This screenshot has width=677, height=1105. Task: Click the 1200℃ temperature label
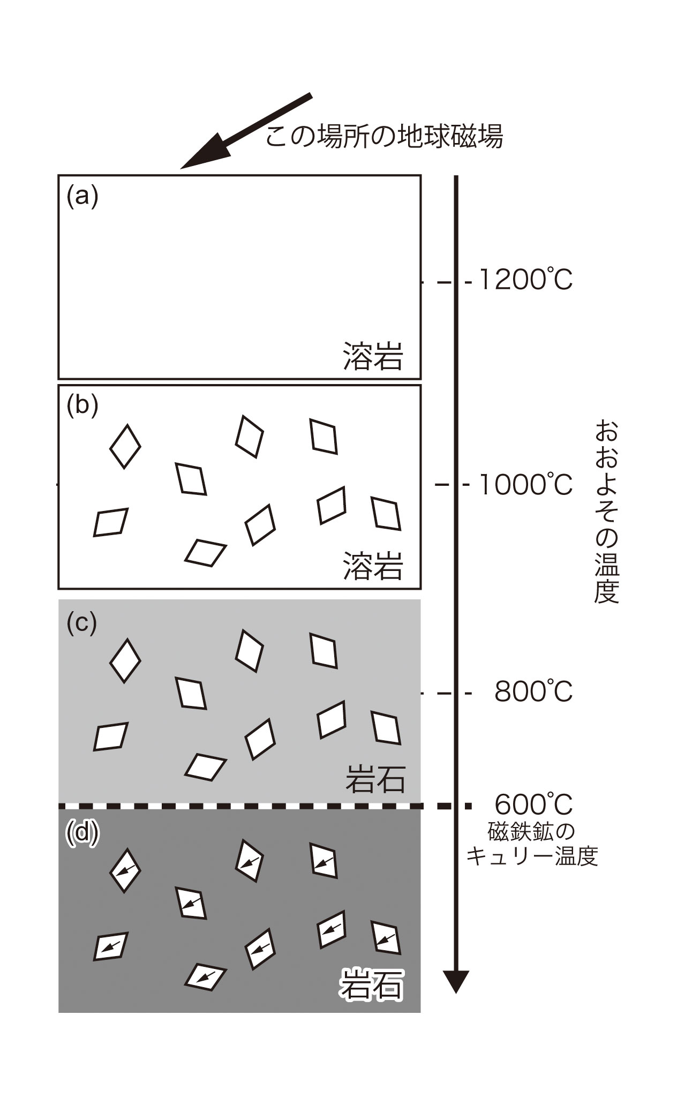pyautogui.click(x=525, y=280)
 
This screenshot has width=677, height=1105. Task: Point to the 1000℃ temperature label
pyautogui.click(x=525, y=485)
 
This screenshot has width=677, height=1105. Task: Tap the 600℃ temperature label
pyautogui.click(x=533, y=805)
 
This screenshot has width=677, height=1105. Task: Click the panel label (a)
pyautogui.click(x=82, y=197)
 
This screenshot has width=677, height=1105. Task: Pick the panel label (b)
pyautogui.click(x=82, y=405)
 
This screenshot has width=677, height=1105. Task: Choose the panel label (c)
pyautogui.click(x=81, y=622)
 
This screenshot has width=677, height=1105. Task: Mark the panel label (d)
pyautogui.click(x=82, y=833)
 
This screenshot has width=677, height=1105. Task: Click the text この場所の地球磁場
pyautogui.click(x=384, y=137)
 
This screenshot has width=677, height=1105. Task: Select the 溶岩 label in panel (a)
pyautogui.click(x=373, y=356)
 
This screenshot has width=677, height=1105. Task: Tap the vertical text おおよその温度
pyautogui.click(x=607, y=512)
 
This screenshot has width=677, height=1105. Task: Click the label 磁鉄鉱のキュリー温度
pyautogui.click(x=532, y=845)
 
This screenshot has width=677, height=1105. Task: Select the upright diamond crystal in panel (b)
pyautogui.click(x=125, y=446)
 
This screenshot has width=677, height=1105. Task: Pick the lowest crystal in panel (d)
pyautogui.click(x=206, y=976)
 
